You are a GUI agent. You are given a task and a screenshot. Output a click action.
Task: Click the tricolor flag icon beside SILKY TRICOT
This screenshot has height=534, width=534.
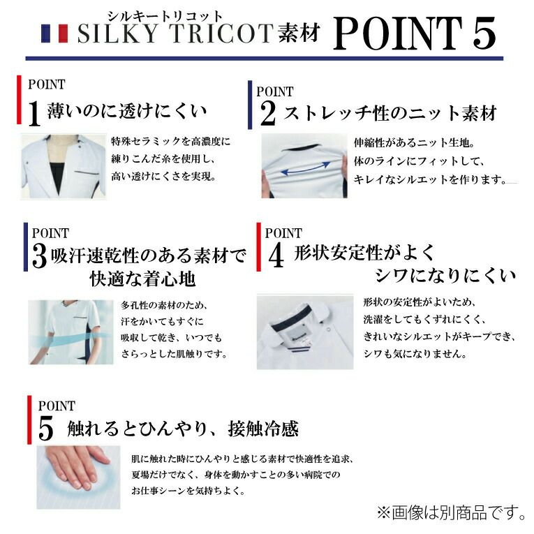pos(54,34)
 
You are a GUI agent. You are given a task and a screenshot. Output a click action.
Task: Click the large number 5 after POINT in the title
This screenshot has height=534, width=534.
pos(484,34)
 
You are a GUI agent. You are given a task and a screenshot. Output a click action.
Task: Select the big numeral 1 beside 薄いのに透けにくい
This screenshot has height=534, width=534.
pos(34,113)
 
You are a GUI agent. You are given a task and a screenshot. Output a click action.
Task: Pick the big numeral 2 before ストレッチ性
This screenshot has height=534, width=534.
pos(268,113)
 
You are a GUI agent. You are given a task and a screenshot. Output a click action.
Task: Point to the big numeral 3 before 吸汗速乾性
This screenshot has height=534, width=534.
pos(40,256)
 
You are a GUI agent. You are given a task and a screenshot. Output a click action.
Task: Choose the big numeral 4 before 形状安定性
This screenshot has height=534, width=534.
pos(276,256)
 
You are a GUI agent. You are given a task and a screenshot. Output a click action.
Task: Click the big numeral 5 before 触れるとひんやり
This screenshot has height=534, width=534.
pos(45,429)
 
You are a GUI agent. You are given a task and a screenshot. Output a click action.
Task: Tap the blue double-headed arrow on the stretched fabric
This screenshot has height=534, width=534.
pos(306,169)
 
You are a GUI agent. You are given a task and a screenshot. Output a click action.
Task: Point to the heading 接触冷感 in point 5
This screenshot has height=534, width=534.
pos(263,429)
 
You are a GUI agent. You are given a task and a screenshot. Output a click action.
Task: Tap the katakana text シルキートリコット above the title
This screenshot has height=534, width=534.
pos(165,16)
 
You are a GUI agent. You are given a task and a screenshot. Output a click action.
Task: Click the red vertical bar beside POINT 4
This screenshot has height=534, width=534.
pos(259,247)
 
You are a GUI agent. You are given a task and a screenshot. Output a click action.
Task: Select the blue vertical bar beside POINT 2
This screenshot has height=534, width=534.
pos(250,105)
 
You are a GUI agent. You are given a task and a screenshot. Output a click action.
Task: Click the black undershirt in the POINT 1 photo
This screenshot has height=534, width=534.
pos(57,176)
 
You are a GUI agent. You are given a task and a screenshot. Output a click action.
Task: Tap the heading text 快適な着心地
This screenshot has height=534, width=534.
pos(142,279)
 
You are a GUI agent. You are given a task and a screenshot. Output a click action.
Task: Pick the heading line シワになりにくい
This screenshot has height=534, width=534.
pos(445,276)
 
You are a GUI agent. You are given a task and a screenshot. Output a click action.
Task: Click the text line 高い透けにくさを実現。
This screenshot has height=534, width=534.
pos(164,177)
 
